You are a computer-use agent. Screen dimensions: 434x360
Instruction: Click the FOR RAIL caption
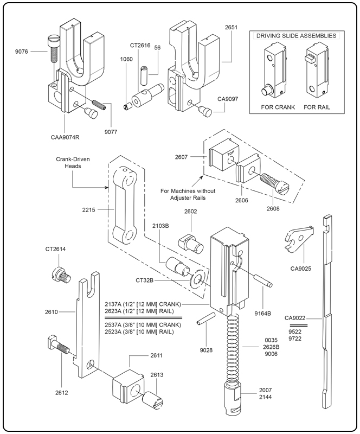(317, 107)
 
